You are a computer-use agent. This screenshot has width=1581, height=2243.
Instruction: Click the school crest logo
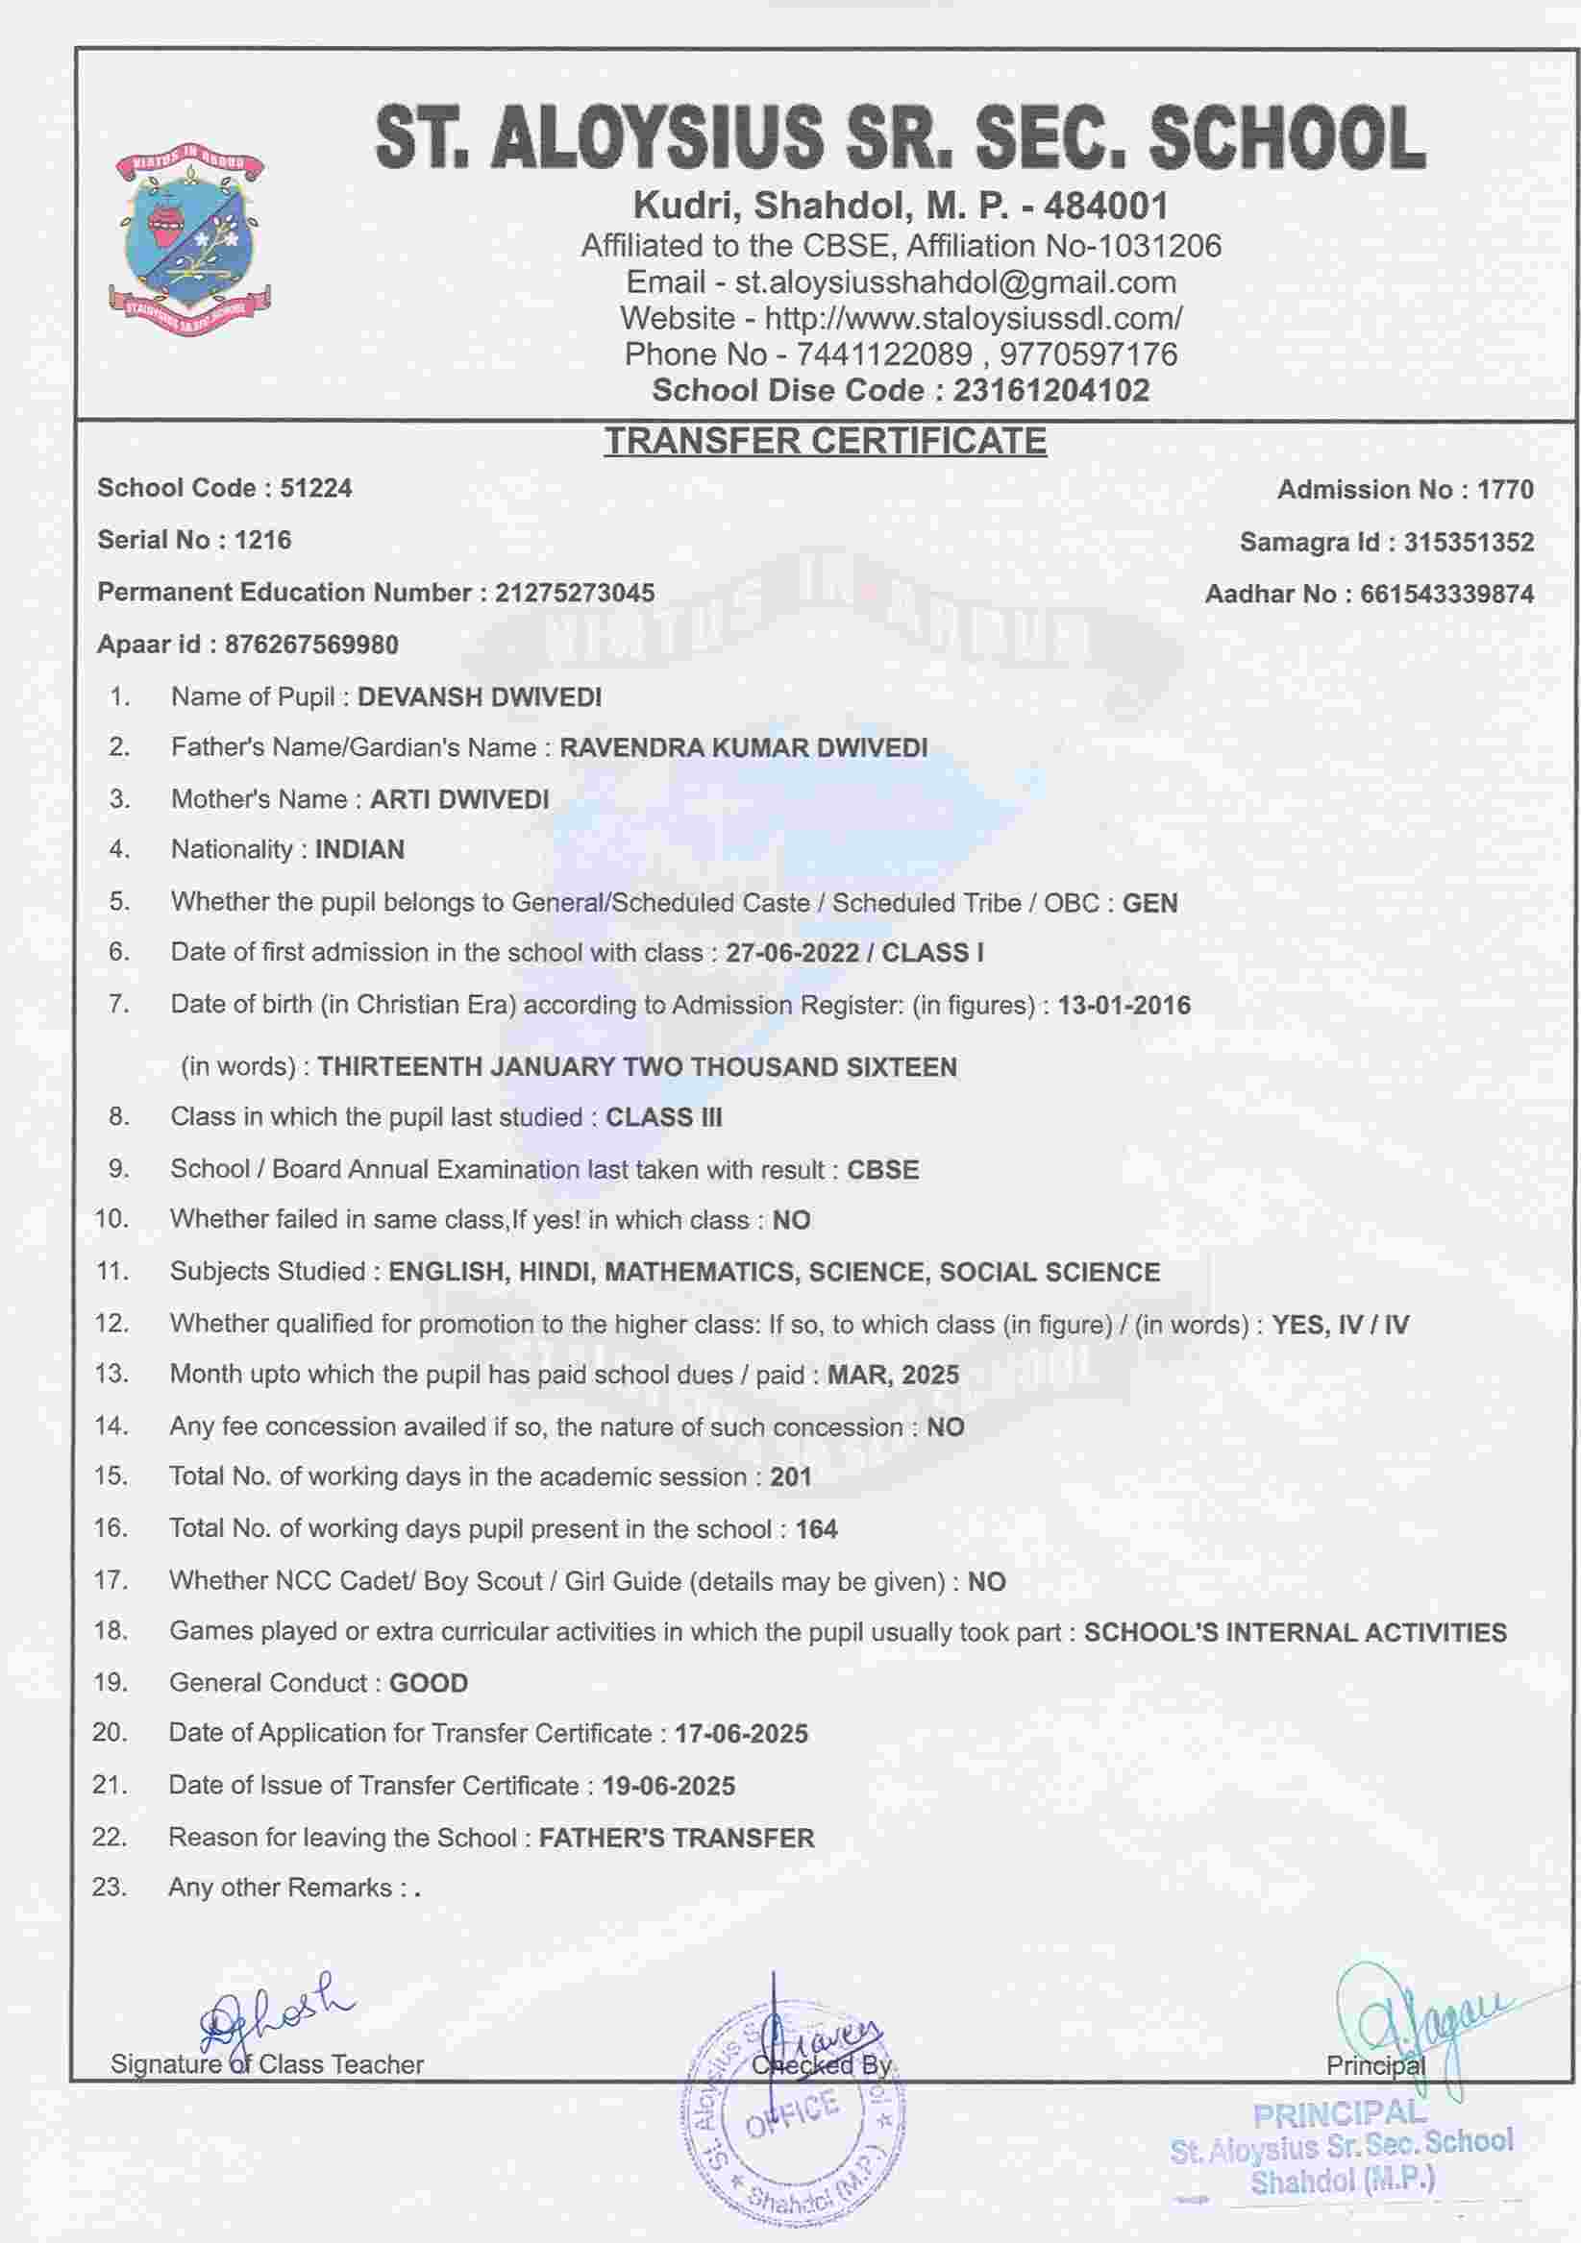[x=189, y=239]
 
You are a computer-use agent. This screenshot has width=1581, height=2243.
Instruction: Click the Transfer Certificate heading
[x=825, y=442]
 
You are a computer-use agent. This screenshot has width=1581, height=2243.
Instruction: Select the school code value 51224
[x=315, y=488]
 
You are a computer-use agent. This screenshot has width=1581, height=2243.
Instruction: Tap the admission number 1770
[x=1505, y=490]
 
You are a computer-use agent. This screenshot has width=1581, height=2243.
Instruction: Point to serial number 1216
[x=261, y=540]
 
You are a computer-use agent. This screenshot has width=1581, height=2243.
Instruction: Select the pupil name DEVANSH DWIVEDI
[x=479, y=697]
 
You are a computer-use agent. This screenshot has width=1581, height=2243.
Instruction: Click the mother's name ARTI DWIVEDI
[x=459, y=799]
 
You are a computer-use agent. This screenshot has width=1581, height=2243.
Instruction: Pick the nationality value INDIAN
[x=359, y=850]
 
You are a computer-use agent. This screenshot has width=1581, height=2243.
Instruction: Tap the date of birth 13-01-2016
[x=1124, y=1005]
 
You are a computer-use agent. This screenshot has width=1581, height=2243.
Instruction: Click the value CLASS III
[x=663, y=1117]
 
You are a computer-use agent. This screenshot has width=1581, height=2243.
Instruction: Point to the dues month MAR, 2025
[x=893, y=1376]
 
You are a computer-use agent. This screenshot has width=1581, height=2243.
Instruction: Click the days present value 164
[x=816, y=1530]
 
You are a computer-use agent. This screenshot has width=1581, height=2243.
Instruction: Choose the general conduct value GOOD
[x=429, y=1683]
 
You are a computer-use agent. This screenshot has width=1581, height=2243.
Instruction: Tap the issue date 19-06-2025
[x=668, y=1787]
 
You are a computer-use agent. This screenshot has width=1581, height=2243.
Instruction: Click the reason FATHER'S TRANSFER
[x=677, y=1839]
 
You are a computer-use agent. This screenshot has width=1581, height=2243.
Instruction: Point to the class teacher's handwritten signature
[x=274, y=2011]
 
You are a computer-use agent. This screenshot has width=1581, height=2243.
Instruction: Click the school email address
[x=954, y=283]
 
